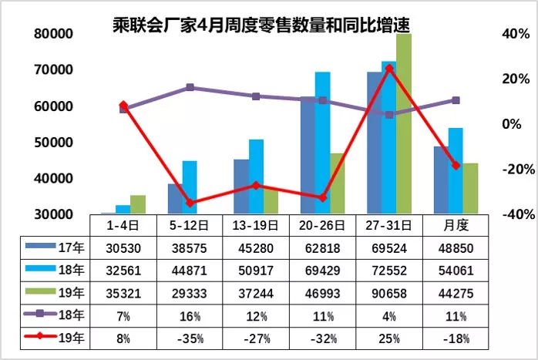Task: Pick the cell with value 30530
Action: tap(123, 247)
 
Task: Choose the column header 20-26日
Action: tap(322, 225)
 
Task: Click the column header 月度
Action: tap(456, 225)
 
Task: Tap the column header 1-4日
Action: tap(123, 225)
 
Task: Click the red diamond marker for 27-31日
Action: tap(389, 69)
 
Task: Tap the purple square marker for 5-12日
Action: tap(190, 88)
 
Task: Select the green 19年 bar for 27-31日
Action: tap(404, 123)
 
